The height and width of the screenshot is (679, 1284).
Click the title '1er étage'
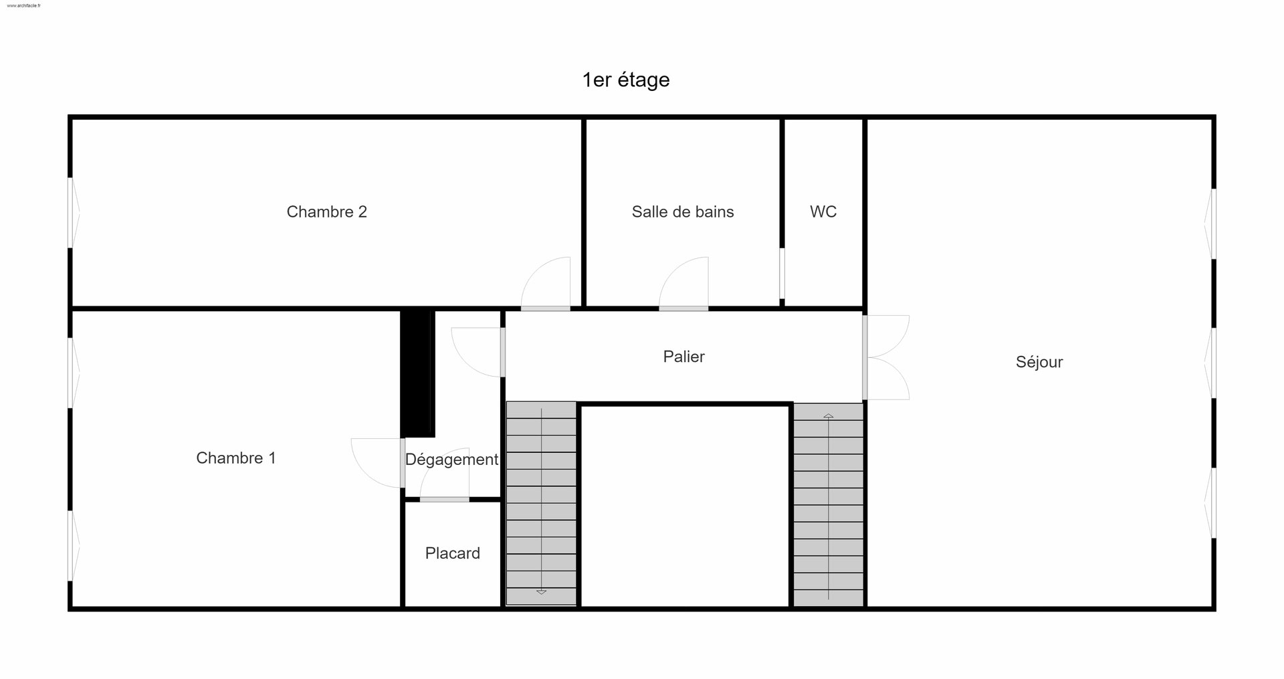click(626, 80)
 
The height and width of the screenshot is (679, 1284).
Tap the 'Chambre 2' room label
click(326, 211)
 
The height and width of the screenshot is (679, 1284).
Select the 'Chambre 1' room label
click(235, 458)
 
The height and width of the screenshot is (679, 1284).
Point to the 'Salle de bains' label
click(683, 211)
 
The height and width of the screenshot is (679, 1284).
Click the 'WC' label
click(823, 211)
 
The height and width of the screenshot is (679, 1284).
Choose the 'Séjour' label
click(1039, 362)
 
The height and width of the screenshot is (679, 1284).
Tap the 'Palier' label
click(683, 357)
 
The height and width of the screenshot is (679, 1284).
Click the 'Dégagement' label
click(451, 460)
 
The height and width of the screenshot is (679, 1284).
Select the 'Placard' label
click(453, 553)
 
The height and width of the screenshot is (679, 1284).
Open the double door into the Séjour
click(886, 357)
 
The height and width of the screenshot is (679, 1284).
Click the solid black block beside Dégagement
click(418, 373)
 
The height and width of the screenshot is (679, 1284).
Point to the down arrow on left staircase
click(542, 592)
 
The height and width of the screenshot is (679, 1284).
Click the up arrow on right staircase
click(829, 416)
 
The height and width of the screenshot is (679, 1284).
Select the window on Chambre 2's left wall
click(73, 212)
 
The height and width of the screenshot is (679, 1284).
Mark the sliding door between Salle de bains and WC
click(782, 274)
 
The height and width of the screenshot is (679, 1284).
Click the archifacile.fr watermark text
click(23, 5)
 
